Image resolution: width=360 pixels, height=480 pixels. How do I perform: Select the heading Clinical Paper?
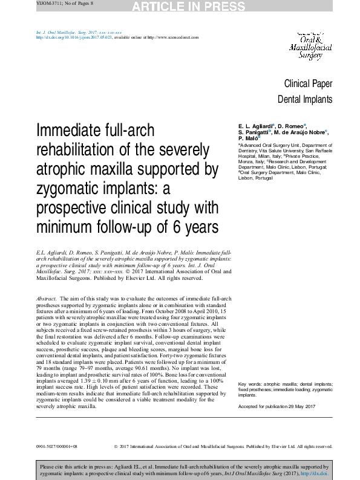tap(308, 84)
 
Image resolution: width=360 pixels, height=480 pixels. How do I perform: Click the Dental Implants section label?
tap(304, 100)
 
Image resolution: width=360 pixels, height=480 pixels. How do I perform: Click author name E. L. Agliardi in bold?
tap(257, 125)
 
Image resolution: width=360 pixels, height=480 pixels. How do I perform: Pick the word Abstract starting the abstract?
tap(47, 299)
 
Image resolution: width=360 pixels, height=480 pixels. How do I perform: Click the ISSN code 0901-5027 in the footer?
tap(50, 446)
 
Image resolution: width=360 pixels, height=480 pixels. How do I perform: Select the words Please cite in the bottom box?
tap(53, 467)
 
